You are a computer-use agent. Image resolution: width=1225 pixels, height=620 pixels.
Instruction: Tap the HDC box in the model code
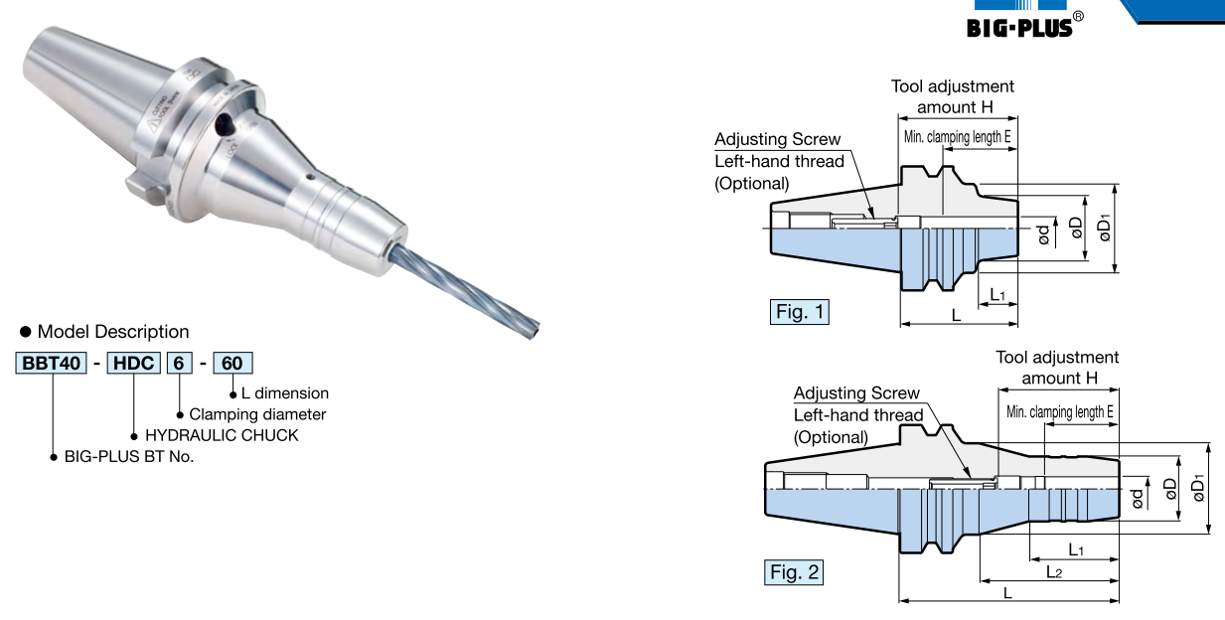pyautogui.click(x=133, y=364)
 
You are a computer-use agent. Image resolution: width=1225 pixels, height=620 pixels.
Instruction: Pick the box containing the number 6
pyautogui.click(x=179, y=364)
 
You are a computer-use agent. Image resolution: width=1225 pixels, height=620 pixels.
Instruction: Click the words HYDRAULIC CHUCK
pyautogui.click(x=222, y=435)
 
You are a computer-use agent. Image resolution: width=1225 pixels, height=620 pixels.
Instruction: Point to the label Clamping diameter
pyautogui.click(x=257, y=414)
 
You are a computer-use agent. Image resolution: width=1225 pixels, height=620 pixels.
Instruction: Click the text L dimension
pyautogui.click(x=285, y=393)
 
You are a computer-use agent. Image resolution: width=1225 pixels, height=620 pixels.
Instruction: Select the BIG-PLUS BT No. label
pyautogui.click(x=129, y=457)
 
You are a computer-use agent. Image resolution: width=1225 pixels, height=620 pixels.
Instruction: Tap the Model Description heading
pyautogui.click(x=112, y=332)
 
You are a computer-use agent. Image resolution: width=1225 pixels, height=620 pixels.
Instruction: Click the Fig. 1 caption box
pyautogui.click(x=800, y=312)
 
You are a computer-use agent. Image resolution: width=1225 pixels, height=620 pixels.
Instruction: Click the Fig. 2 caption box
pyautogui.click(x=795, y=572)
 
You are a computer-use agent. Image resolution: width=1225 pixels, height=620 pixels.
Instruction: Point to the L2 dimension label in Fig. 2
pyautogui.click(x=1054, y=571)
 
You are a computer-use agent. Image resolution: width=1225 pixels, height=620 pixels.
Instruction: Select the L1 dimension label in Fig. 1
pyautogui.click(x=997, y=295)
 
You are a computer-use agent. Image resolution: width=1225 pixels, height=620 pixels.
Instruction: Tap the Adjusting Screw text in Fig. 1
pyautogui.click(x=777, y=140)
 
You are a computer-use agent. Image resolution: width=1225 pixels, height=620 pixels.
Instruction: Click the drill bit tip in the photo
pyautogui.click(x=536, y=327)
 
